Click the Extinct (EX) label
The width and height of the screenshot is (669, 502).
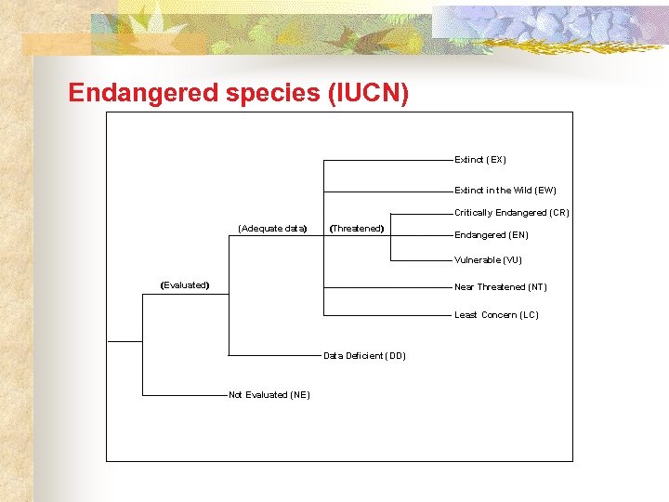(x=480, y=160)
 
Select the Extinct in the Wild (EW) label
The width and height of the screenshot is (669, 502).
(x=505, y=191)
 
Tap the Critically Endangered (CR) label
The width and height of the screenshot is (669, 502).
(x=512, y=213)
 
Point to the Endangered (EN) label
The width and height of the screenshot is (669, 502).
(x=492, y=235)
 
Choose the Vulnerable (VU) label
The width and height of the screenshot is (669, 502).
(x=488, y=260)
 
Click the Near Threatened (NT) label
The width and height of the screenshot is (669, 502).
(x=501, y=287)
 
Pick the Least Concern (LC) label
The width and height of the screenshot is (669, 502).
(x=496, y=315)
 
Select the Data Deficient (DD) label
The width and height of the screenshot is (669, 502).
(x=364, y=356)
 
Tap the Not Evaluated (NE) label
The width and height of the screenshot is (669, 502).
(x=269, y=395)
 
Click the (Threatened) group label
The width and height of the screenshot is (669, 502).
(x=358, y=228)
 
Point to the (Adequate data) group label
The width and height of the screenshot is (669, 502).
(x=272, y=228)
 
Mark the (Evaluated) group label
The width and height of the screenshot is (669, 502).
(x=185, y=285)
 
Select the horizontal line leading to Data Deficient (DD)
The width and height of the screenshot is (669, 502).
(x=275, y=355)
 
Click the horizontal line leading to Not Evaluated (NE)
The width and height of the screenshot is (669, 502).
(x=185, y=395)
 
